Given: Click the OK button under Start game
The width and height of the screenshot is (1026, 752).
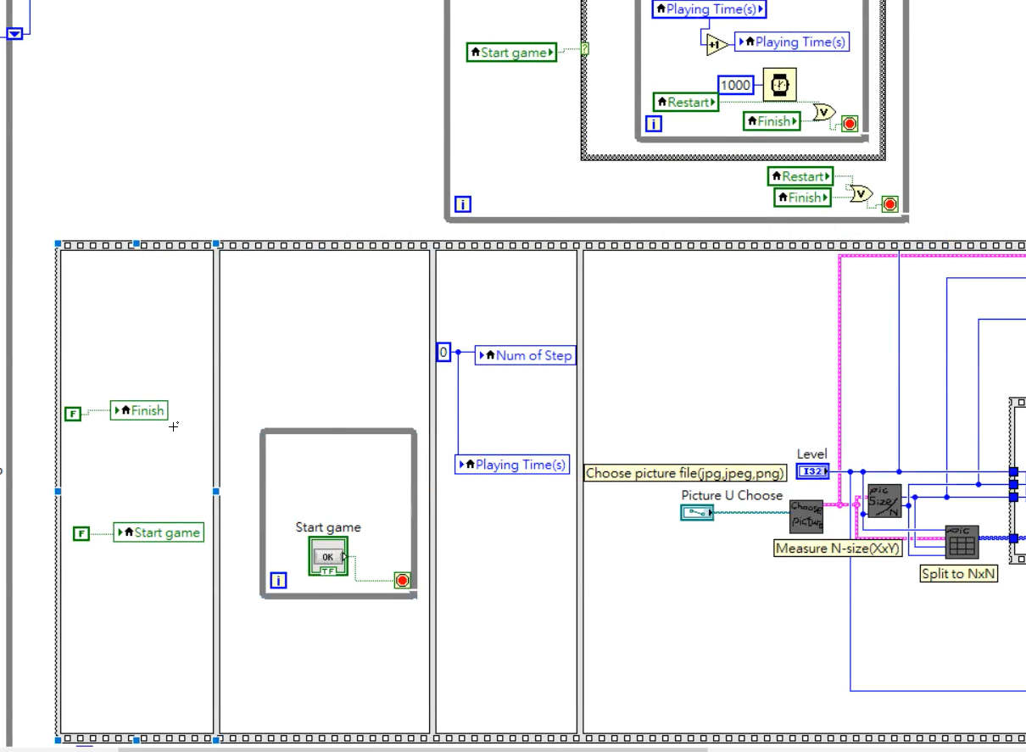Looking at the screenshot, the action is click(x=328, y=556).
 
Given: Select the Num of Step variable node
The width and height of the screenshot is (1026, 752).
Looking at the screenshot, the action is click(x=526, y=355).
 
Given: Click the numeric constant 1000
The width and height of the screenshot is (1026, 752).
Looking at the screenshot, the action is click(x=735, y=85).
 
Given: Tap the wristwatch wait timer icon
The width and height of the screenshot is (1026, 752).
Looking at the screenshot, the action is click(x=779, y=85).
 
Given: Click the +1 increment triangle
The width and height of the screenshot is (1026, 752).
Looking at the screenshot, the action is click(x=716, y=45).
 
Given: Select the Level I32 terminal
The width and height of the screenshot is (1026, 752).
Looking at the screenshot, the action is click(x=812, y=471).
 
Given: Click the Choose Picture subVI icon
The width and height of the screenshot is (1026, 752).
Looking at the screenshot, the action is click(x=806, y=516).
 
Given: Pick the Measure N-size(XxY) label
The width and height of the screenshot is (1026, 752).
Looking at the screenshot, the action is click(x=838, y=549).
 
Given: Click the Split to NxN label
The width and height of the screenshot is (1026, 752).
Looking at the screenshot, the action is click(x=958, y=573).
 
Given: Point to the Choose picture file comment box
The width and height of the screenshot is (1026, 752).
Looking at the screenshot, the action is click(x=685, y=473).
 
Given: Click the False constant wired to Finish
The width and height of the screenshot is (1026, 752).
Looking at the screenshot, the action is click(x=73, y=414).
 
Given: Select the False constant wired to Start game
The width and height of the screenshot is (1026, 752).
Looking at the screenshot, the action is click(x=81, y=533).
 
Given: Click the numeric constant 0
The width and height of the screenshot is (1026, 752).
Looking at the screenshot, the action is click(x=443, y=352).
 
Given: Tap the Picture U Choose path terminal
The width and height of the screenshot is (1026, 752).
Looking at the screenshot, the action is click(x=697, y=512).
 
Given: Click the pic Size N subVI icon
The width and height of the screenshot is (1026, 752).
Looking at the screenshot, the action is click(x=884, y=501).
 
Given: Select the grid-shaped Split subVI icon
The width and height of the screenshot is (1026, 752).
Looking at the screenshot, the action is click(x=962, y=543).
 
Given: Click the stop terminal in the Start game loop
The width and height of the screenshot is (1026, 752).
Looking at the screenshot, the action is click(x=402, y=581).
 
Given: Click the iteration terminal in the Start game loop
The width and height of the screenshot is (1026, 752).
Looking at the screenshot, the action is click(x=278, y=581).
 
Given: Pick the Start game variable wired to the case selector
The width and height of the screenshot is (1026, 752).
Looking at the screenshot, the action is click(x=511, y=53).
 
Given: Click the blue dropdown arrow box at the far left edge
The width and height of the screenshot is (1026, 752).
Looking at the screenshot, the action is click(x=14, y=34).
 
